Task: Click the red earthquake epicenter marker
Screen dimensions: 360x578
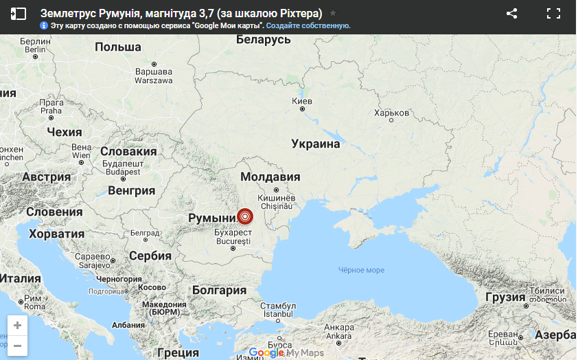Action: point(245,217)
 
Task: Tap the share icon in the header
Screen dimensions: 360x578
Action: point(511,13)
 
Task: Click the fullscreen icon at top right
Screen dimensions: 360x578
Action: point(553,13)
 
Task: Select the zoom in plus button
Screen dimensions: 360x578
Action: point(17,326)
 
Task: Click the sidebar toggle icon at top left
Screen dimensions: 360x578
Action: point(19,13)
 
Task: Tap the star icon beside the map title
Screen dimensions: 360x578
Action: point(333,13)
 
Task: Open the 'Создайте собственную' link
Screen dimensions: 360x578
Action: point(308,25)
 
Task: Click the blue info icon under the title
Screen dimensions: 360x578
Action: point(44,25)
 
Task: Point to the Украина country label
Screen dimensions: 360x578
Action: point(316,144)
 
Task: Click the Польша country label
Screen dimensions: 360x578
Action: point(118,47)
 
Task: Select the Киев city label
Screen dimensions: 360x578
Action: point(302,102)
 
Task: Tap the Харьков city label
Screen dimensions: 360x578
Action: point(392,113)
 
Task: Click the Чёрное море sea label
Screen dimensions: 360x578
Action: point(361,270)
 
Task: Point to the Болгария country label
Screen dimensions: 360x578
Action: point(219,290)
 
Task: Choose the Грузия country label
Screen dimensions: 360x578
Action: point(505,297)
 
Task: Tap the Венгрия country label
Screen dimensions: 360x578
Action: point(132,190)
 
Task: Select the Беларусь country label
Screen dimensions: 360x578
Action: point(263,40)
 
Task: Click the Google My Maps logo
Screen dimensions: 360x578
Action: point(286,352)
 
